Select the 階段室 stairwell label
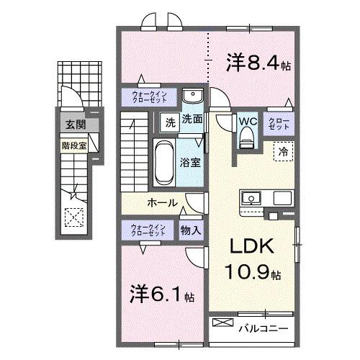click(x=70, y=143)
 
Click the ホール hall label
click(x=163, y=203)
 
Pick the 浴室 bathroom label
click(x=191, y=162)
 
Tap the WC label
click(x=246, y=121)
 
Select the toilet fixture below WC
click(x=246, y=138)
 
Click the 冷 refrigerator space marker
click(x=283, y=153)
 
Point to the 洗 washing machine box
click(x=168, y=122)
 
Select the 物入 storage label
click(x=191, y=230)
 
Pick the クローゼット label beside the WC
click(x=279, y=123)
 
